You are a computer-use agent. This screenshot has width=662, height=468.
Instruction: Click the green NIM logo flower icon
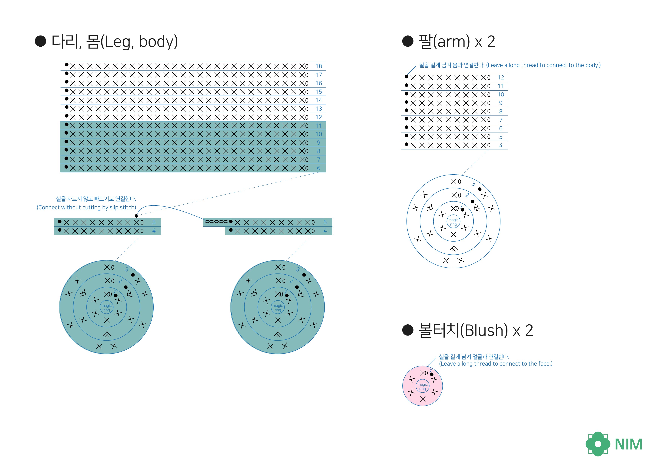pyautogui.click(x=598, y=444)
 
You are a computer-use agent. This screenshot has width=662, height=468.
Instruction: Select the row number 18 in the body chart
pyautogui.click(x=319, y=66)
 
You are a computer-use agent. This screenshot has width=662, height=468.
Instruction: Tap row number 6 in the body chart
pyautogui.click(x=319, y=168)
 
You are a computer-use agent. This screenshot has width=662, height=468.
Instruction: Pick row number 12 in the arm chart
pyautogui.click(x=501, y=78)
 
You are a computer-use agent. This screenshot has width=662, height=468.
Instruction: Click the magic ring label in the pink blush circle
pyautogui.click(x=422, y=387)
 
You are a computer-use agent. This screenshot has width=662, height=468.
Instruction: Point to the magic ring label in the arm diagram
pyautogui.click(x=453, y=222)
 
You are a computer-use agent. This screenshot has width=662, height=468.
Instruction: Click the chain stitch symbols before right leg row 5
pyautogui.click(x=216, y=222)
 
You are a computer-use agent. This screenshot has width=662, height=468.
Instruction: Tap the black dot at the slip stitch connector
pyautogui.click(x=136, y=216)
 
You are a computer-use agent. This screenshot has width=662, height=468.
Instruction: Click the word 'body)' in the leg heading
pyautogui.click(x=158, y=42)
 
